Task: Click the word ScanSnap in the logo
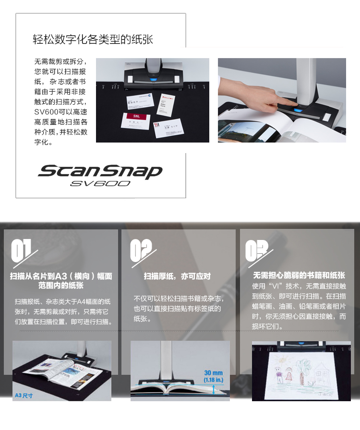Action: point(100,171)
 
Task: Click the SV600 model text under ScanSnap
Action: point(99,183)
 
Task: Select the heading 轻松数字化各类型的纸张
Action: point(93,39)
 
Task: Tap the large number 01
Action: point(22,251)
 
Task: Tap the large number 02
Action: point(141,251)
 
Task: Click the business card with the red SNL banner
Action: point(136,120)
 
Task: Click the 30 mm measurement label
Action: point(214,373)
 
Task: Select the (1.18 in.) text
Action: point(214,380)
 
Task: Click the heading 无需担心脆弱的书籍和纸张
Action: point(299,275)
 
